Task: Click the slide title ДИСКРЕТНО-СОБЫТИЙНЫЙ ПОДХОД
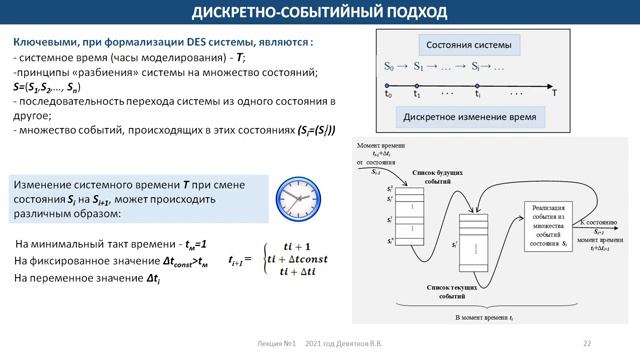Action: pos(320,12)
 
